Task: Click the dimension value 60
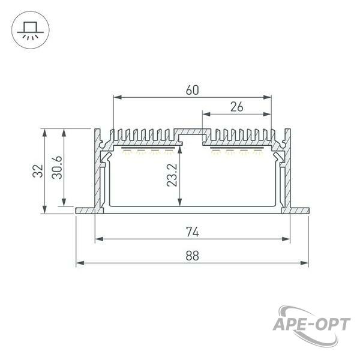point(193,90)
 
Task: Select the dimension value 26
point(237,107)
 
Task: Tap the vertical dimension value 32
point(38,171)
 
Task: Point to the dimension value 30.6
point(57,167)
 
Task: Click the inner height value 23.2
point(172,175)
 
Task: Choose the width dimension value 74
point(193,232)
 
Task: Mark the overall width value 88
point(193,256)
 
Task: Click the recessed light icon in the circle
point(31,31)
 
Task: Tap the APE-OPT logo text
point(311,325)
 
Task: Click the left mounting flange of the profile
point(85,211)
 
